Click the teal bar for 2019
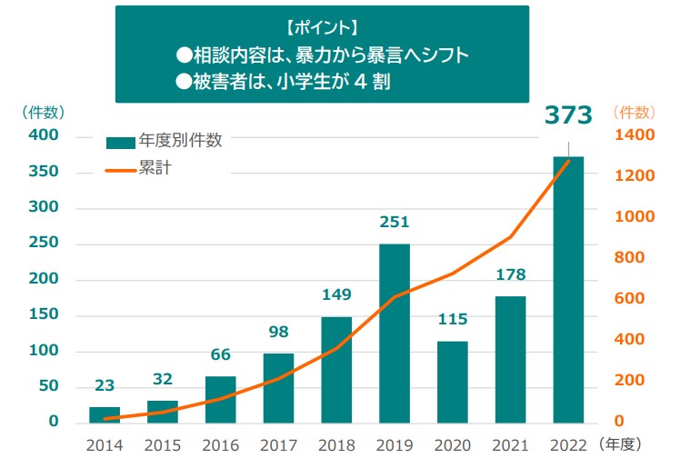tap(395, 334)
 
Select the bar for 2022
tap(568, 290)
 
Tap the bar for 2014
tap(105, 414)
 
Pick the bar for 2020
tap(453, 382)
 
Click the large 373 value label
tap(568, 114)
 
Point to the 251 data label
tap(395, 222)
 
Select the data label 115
tap(453, 319)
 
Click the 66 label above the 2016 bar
tap(220, 354)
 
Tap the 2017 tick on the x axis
tap(278, 445)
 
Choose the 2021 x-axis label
tap(510, 445)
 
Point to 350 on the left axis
tap(44, 171)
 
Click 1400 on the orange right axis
tap(635, 134)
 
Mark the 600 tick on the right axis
tap(629, 298)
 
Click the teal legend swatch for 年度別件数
tap(121, 143)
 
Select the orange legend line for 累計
tap(121, 171)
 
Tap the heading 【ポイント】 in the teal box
tap(322, 28)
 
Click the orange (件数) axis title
tap(634, 113)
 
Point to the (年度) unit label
tap(620, 444)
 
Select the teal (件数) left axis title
tap(44, 113)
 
